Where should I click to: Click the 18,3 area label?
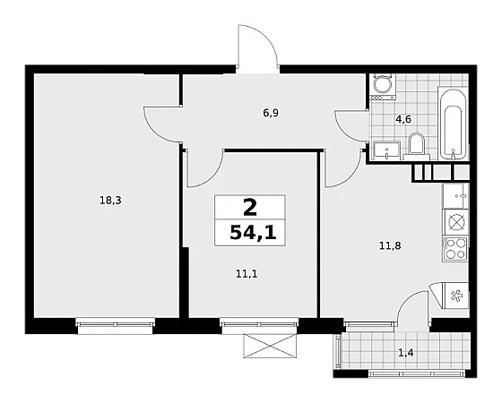(x=110, y=201)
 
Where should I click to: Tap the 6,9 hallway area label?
(x=271, y=113)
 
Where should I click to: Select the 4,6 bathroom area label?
(x=403, y=119)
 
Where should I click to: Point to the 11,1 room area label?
(x=247, y=274)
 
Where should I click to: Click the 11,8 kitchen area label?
(x=390, y=246)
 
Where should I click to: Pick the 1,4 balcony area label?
(x=405, y=353)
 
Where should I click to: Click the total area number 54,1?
(x=253, y=233)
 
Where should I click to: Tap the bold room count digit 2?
(x=250, y=207)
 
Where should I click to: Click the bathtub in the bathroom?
(x=453, y=123)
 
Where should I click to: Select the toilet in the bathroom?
(x=416, y=146)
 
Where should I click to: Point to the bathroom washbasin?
(x=386, y=150)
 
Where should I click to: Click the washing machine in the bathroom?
(x=383, y=87)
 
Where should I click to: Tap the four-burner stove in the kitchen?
(x=455, y=249)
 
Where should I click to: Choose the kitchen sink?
(x=455, y=196)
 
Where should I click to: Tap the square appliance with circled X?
(x=455, y=222)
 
